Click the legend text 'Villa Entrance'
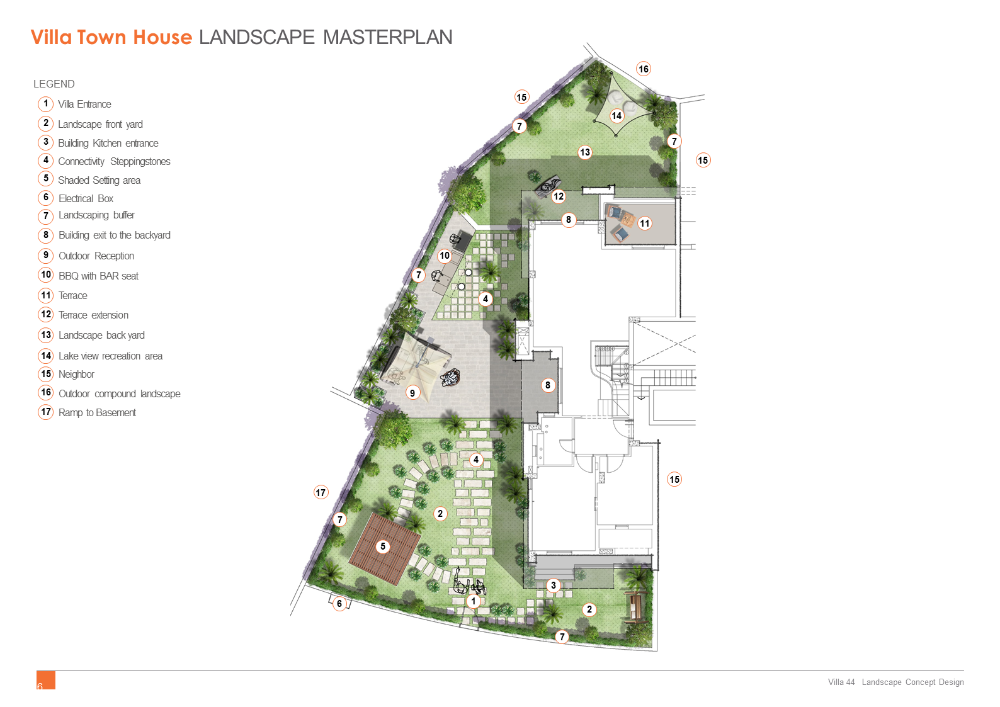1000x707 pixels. click(84, 105)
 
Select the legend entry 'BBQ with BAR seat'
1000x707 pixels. click(99, 276)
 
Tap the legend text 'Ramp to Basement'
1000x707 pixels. click(98, 413)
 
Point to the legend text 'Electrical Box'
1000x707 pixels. click(86, 198)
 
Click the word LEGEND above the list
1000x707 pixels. click(54, 84)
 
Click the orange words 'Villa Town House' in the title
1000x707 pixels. click(111, 37)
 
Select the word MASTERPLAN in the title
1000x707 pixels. click(387, 37)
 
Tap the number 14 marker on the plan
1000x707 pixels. click(616, 116)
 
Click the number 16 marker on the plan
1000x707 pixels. click(644, 69)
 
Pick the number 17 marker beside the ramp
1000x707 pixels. click(321, 493)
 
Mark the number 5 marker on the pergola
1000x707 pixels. click(383, 546)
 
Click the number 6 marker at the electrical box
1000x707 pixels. click(339, 604)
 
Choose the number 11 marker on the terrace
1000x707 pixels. click(645, 223)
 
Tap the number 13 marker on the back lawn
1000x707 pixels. click(585, 152)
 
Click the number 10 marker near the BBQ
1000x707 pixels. click(445, 256)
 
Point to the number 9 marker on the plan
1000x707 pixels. click(412, 393)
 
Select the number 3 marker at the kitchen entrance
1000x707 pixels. click(554, 585)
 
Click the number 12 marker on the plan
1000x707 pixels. click(559, 196)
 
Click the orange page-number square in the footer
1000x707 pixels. click(46, 680)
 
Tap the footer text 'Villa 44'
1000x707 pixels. click(841, 682)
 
